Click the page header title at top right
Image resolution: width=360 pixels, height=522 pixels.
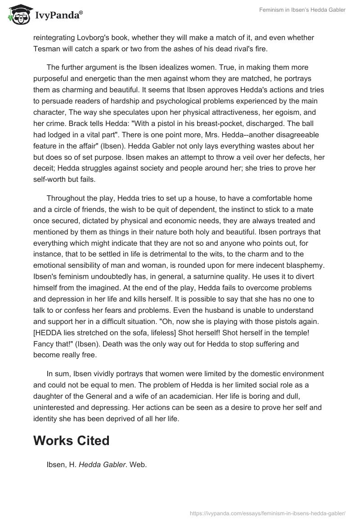tap(304, 10)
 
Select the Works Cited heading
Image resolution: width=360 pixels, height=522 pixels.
tap(71, 441)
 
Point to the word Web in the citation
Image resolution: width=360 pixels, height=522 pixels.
tap(138, 465)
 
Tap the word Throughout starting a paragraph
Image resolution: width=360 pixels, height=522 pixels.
tap(67, 198)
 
